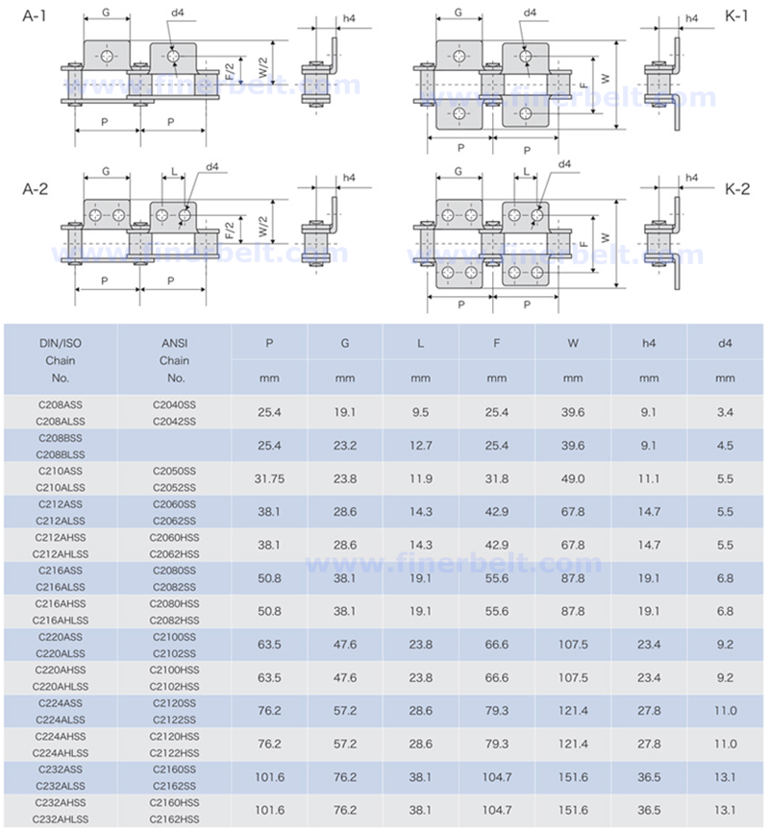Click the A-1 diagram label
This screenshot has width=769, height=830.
pos(35,16)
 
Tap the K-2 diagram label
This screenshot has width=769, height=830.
pos(736,189)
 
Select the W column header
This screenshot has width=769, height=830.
pos(573,343)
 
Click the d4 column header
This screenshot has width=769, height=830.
pos(725,343)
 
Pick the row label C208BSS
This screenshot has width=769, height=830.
pos(61,438)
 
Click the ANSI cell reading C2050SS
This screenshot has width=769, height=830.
pos(174,471)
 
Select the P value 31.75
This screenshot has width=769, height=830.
pos(269,478)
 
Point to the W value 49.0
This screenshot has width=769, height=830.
pos(573,478)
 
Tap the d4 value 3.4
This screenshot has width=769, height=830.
pos(725,412)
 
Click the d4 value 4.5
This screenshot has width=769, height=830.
pos(725,446)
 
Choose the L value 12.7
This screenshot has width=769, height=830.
pos(420,446)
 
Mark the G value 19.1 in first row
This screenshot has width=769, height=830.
pos(345,412)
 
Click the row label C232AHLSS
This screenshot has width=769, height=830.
pos(61,818)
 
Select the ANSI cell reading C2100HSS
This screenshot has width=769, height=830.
pos(174,670)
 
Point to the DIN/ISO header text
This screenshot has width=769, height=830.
pos(61,343)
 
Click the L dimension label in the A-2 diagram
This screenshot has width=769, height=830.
pos(174,172)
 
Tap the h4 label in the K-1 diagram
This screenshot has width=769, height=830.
pos(692,18)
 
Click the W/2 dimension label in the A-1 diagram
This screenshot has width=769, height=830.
pos(263,68)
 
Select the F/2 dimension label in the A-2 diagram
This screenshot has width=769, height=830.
pos(230,231)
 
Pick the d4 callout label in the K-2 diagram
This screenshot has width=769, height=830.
pos(564,164)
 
